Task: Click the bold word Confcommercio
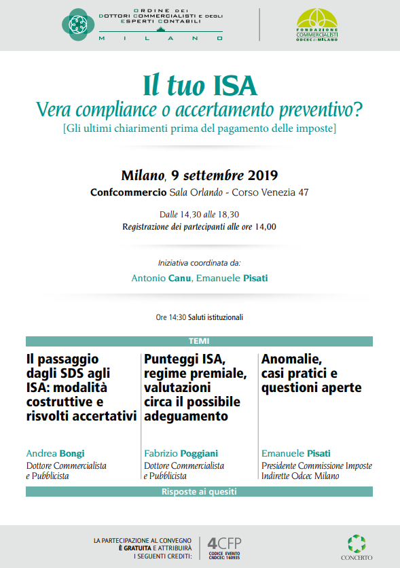128,192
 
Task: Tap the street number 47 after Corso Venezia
303,192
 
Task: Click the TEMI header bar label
199,341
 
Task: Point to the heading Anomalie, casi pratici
311,373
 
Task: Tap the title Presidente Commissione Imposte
316,465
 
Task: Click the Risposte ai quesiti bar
199,491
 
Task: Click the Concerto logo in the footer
356,547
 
